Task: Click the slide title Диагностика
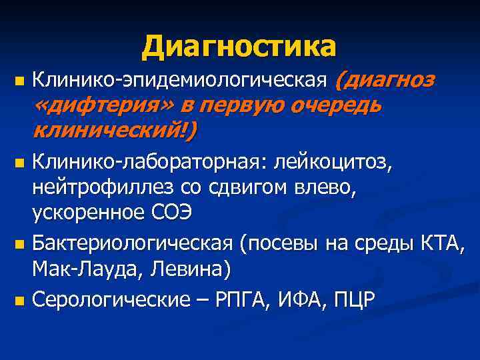(x=239, y=46)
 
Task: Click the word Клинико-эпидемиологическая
(x=181, y=81)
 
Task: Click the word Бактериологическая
(x=133, y=241)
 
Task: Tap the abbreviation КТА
(x=447, y=241)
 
